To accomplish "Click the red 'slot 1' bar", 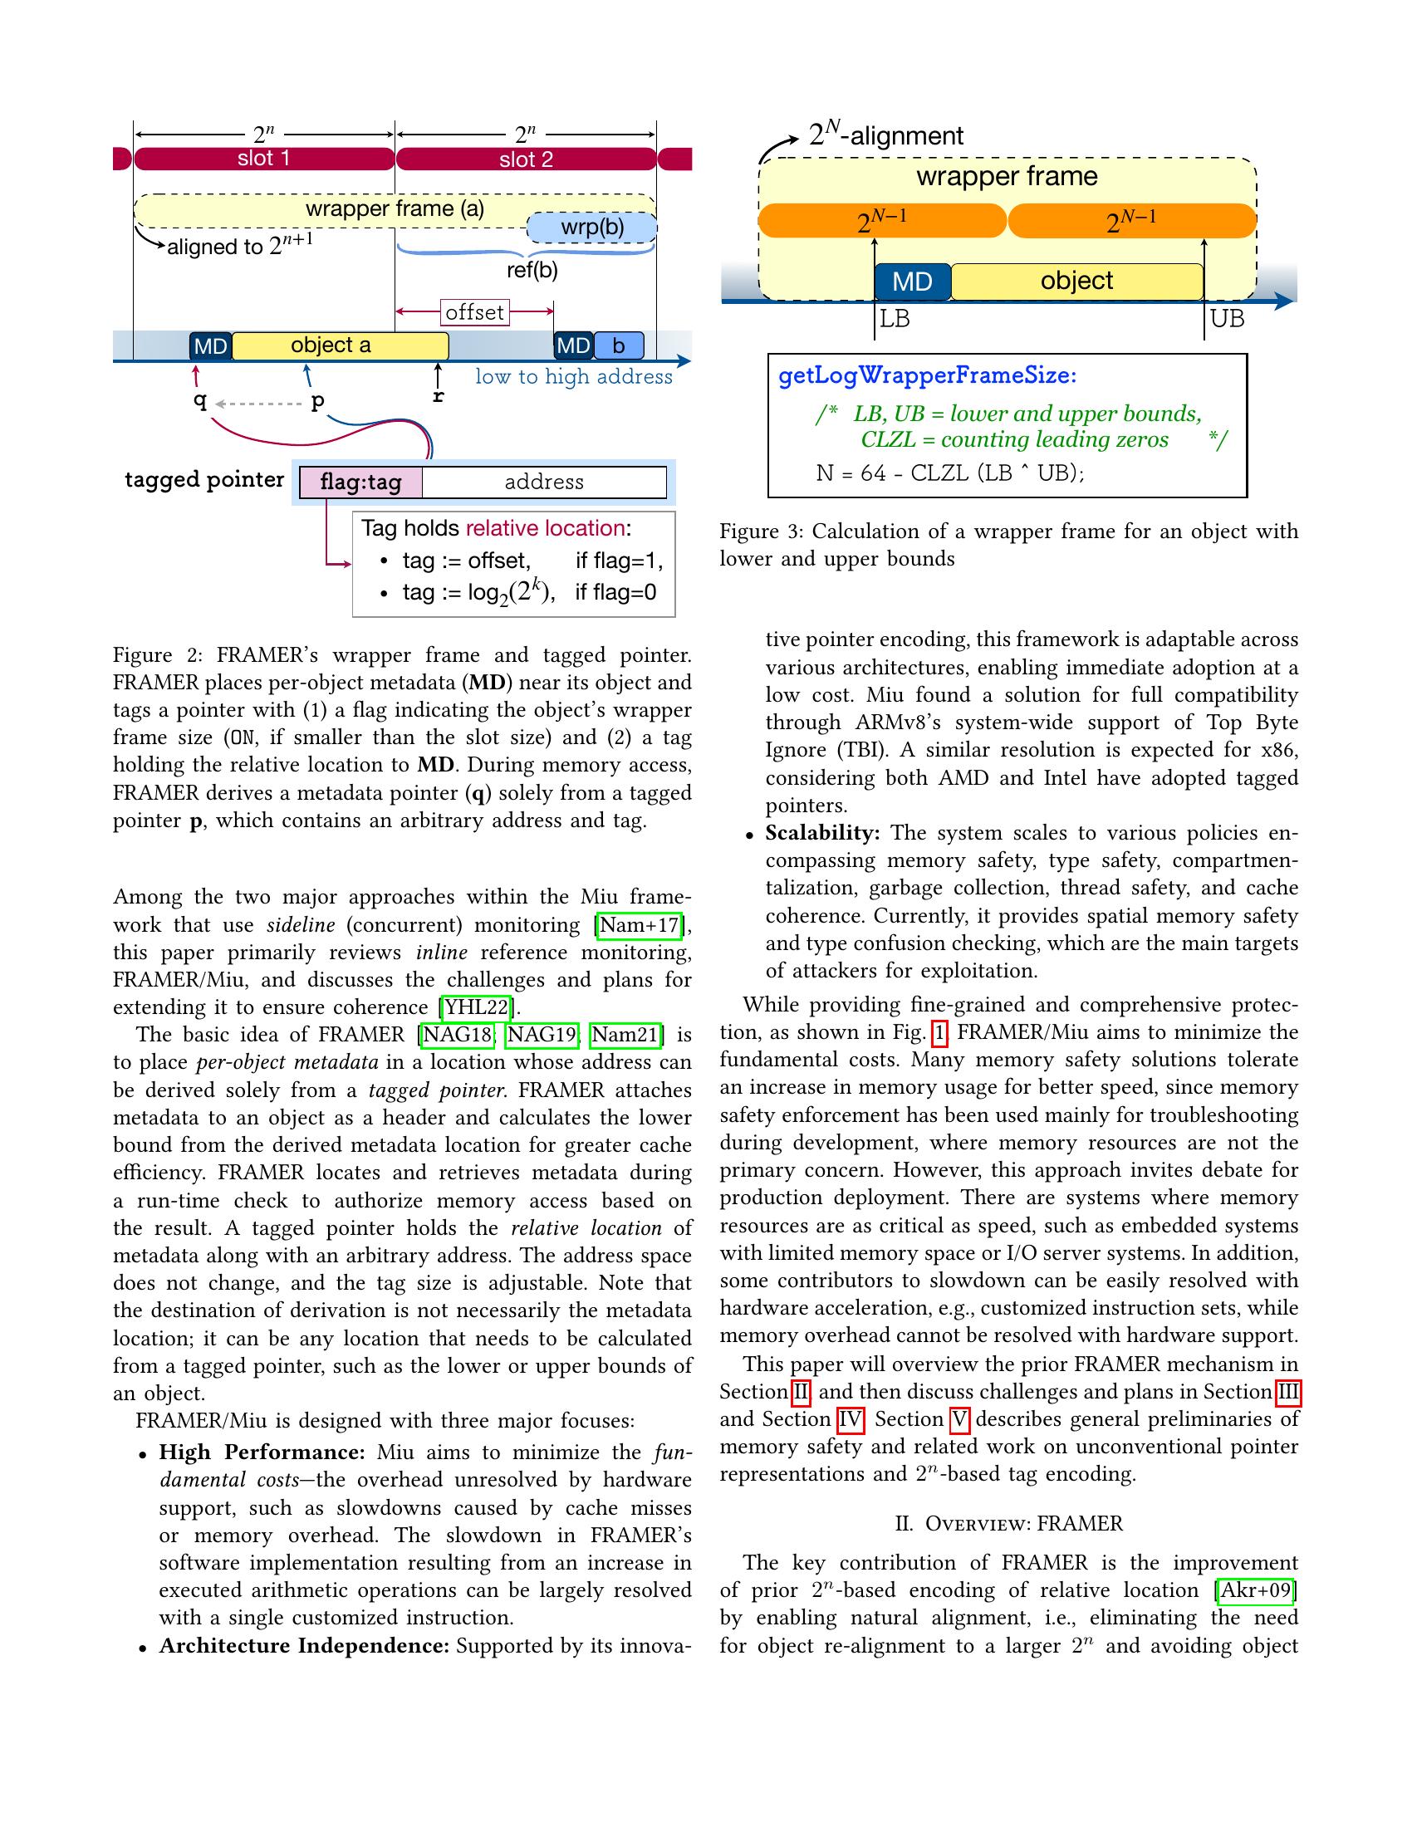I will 263,159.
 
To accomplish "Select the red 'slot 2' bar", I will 525,159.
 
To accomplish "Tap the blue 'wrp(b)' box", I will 592,228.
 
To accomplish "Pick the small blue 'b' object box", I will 619,345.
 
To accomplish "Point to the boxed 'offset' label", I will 474,312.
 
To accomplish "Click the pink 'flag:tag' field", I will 360,482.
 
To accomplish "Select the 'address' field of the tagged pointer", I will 544,482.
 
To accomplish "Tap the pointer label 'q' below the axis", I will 200,401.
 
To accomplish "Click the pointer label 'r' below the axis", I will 438,395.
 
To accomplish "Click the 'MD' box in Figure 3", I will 912,281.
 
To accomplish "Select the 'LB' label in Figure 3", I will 895,319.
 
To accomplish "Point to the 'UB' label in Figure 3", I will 1227,319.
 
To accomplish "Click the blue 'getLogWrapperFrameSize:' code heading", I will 927,375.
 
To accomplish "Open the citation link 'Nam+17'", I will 638,925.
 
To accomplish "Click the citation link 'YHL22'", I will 476,1007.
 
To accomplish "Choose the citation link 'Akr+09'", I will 1256,1590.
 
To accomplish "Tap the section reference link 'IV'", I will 850,1419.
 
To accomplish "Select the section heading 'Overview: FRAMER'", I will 1009,1523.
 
